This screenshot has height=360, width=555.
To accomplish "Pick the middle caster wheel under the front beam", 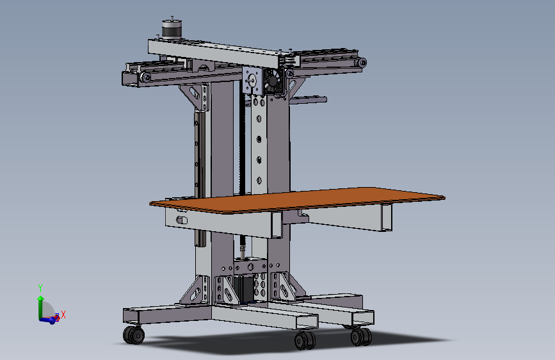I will pos(305,340).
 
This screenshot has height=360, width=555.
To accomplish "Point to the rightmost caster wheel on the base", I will pos(360,336).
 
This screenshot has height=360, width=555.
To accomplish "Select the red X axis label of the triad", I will pos(63,315).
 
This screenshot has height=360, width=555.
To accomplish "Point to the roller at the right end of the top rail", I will pos(362,63).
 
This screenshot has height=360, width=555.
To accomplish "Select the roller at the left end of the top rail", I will pos(146,77).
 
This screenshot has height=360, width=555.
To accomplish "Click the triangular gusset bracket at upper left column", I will pos(197,97).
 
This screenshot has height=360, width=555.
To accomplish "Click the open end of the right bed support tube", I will pos(385,218).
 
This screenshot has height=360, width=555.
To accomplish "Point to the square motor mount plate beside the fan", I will pos(252,82).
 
